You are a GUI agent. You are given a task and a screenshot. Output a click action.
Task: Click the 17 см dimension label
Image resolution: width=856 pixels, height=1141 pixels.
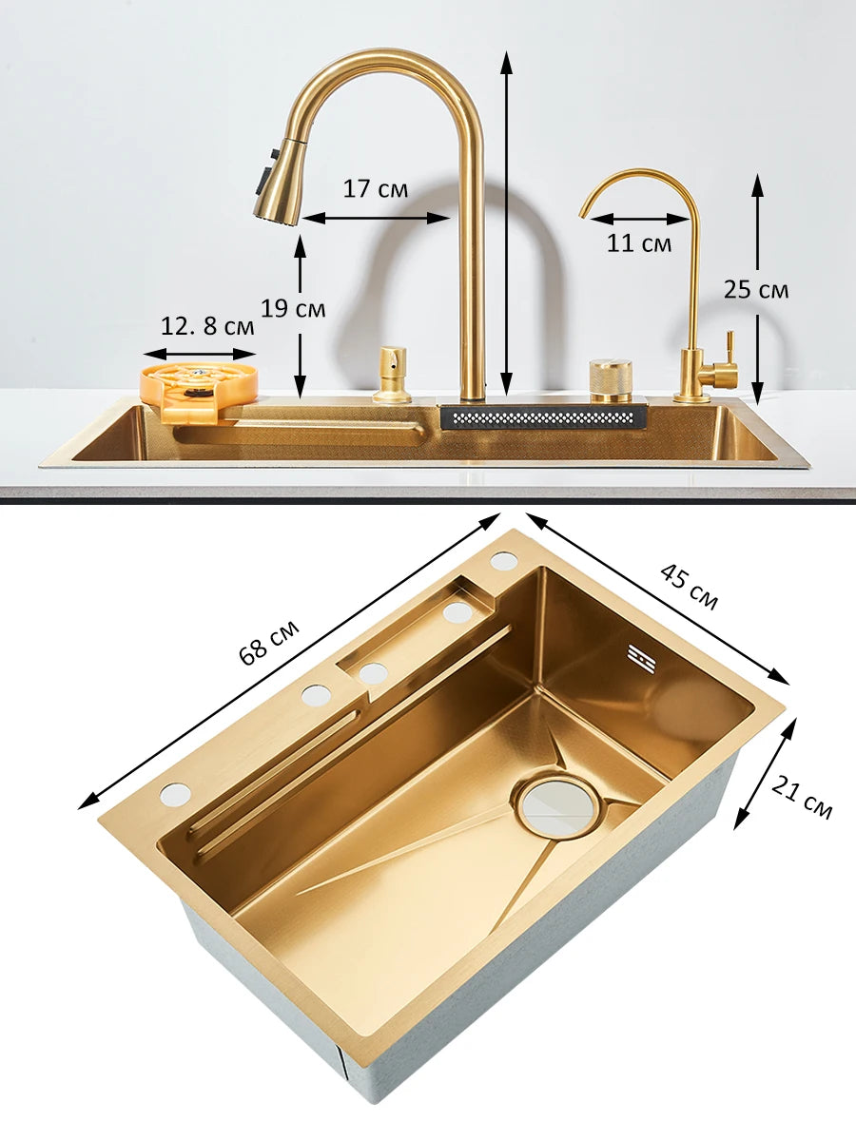click(375, 188)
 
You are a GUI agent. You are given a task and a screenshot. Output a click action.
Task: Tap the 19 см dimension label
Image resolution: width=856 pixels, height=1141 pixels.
click(293, 309)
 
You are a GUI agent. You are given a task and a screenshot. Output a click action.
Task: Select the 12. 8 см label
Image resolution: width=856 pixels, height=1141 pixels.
click(207, 327)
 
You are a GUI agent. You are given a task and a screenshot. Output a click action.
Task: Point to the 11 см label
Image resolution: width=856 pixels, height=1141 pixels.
click(639, 243)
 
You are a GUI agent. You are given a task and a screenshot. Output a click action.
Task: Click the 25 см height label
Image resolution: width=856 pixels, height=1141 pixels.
click(756, 290)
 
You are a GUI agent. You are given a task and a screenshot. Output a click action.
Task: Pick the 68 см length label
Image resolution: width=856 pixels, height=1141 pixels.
click(269, 643)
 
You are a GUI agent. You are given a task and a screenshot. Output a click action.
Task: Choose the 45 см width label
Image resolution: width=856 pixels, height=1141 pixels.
click(690, 586)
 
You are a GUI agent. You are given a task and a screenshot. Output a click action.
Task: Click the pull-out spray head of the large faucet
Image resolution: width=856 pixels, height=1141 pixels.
click(278, 186)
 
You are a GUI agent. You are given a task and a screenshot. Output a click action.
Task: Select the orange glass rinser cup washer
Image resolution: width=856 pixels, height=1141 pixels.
click(199, 385)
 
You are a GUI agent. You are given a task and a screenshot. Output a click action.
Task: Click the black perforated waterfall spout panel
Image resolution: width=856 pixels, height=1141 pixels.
click(543, 416)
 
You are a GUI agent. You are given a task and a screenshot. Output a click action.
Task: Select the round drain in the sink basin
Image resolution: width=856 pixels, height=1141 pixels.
click(558, 808)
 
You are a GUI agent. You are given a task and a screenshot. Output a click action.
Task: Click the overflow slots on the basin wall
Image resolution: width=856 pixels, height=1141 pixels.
click(642, 658)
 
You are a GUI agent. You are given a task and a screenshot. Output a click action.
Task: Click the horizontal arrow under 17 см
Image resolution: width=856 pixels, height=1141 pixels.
click(376, 218)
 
